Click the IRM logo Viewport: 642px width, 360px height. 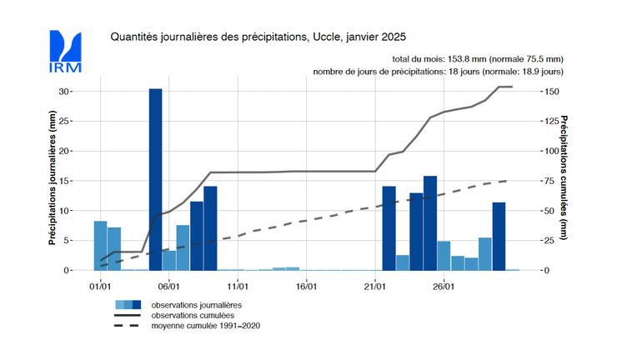[x=66, y=51]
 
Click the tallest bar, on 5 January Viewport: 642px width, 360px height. [x=156, y=179]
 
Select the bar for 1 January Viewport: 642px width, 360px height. [x=101, y=246]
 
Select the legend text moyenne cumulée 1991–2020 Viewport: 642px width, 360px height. [x=206, y=324]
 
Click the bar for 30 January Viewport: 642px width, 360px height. [x=499, y=237]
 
